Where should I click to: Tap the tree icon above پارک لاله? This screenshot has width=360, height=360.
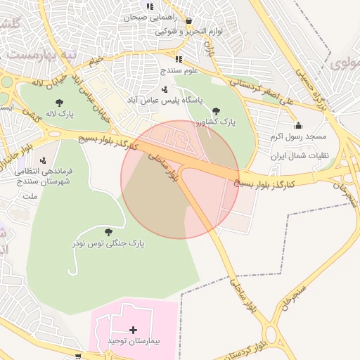point(58,103)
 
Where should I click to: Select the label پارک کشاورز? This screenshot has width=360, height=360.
point(216,122)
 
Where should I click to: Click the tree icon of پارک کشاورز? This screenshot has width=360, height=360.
point(216,111)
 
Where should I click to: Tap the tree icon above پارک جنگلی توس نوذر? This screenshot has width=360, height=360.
point(108,231)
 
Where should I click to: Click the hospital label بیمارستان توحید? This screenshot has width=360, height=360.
point(134,341)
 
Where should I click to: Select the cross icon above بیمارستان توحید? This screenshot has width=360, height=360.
point(134,330)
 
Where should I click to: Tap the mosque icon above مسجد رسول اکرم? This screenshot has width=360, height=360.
point(298,125)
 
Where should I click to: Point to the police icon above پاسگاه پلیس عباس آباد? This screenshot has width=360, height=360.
point(164,89)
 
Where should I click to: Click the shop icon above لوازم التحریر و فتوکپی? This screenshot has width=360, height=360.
point(189,21)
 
